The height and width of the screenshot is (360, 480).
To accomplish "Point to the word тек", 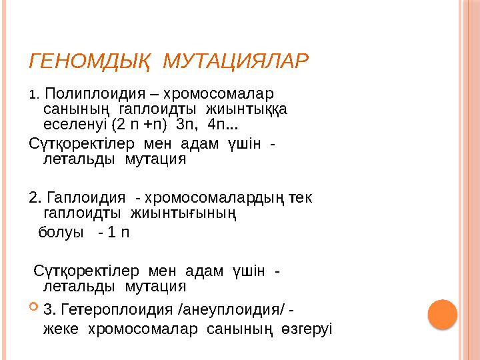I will pos(302,198).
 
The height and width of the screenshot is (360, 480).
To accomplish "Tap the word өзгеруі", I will pos(307,329).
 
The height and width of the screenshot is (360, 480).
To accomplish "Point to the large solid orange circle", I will pos(441,313).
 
